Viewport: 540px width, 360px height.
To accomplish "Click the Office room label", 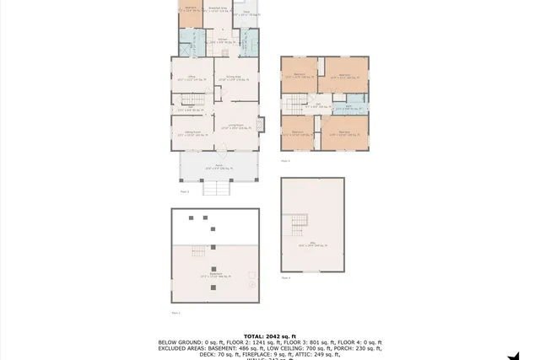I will [x=192, y=78].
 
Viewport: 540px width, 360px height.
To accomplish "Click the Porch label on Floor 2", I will [x=218, y=166].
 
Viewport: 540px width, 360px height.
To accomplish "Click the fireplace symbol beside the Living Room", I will [x=262, y=122].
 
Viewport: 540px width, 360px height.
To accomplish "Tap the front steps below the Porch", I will [x=217, y=189].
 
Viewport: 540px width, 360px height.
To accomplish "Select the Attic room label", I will [x=312, y=246].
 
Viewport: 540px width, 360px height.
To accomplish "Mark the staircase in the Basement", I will [x=199, y=253].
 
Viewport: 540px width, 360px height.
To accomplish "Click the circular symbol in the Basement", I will [x=251, y=284].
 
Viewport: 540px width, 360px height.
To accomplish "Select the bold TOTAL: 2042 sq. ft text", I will [x=270, y=336].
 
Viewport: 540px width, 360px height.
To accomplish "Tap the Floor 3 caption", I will [x=284, y=160].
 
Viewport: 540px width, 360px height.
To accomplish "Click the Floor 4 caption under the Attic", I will [x=284, y=277].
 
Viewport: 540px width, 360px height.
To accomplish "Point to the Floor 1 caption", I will [x=175, y=312].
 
